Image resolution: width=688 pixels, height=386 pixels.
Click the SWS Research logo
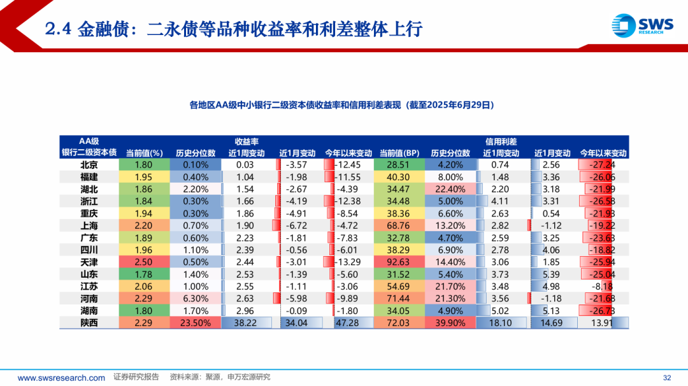[x=641, y=25]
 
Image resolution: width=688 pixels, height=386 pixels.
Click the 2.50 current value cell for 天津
[x=144, y=262]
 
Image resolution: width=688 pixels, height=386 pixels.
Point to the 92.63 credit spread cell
[x=399, y=262]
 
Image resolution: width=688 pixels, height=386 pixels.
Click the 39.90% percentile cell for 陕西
[x=450, y=323]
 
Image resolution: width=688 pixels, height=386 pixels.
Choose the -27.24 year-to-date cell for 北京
[x=603, y=165]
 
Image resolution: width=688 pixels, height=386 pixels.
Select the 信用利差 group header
[x=501, y=141]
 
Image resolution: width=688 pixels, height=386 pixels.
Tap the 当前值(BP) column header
[x=399, y=153]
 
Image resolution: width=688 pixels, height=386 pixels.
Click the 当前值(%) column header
[x=144, y=153]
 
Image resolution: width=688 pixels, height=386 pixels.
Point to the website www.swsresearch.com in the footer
[x=61, y=378]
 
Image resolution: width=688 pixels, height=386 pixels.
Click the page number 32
[x=668, y=377]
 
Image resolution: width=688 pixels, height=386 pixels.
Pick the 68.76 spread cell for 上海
[x=399, y=225]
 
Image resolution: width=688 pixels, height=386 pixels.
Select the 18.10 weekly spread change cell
[x=501, y=323]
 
